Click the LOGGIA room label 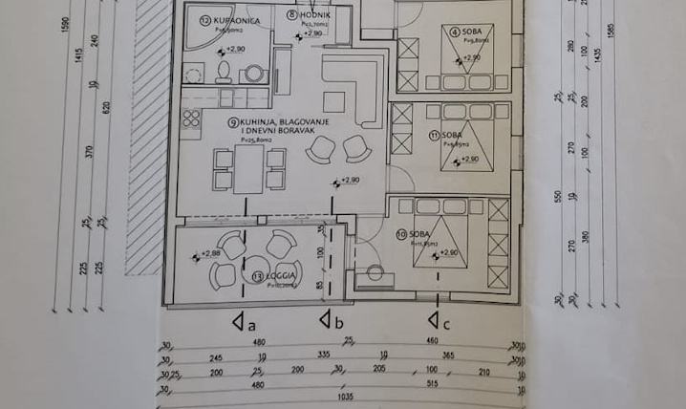(x=280, y=276)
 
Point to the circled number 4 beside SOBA (x=457, y=32)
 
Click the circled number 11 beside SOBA (x=434, y=136)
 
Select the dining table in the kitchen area (x=249, y=168)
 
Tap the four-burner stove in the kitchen (x=190, y=119)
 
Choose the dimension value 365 (x=445, y=355)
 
